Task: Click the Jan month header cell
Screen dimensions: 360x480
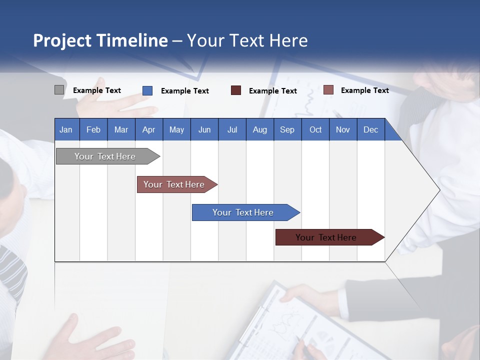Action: coord(66,129)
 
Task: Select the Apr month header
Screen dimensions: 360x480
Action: coord(149,129)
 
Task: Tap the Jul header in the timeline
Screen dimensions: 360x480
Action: coord(232,129)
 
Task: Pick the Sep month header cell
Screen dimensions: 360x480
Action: coord(287,129)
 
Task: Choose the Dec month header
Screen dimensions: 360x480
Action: coord(370,129)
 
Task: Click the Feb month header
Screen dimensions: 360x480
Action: coord(93,129)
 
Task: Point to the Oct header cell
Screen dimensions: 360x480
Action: coord(315,129)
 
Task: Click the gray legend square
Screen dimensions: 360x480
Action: coord(59,90)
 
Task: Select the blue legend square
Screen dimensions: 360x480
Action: coord(147,90)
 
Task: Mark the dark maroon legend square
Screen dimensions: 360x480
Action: coord(236,90)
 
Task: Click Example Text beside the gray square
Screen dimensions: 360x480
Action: coord(97,90)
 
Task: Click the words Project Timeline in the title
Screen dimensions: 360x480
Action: coord(100,40)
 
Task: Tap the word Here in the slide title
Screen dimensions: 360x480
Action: coord(288,40)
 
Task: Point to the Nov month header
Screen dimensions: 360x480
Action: coord(343,129)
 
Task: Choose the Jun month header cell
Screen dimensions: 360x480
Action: coord(204,129)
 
